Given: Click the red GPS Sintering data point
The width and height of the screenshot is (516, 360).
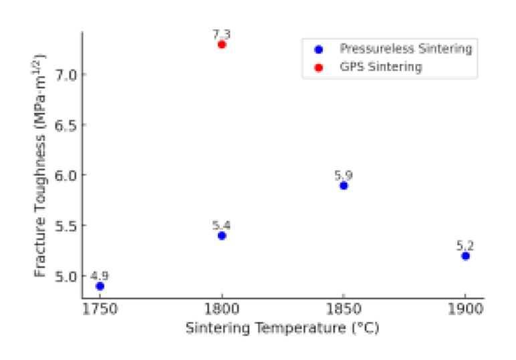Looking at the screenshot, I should pos(222,44).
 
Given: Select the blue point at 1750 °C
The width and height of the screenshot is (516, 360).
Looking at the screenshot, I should pos(100,286).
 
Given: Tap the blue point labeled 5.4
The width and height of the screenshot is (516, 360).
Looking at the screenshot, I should pos(222,236).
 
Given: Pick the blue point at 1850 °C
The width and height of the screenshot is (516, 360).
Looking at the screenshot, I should pos(344,186).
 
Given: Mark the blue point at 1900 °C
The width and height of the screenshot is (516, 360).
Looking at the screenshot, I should pos(465,256).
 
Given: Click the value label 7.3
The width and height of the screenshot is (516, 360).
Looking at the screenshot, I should pos(223,33).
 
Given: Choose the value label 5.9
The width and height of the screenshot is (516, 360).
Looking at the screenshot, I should pos(344,175).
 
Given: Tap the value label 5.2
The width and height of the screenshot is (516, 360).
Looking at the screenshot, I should pos(465,245).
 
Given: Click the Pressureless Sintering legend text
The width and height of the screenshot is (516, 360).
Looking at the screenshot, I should pos(406,49).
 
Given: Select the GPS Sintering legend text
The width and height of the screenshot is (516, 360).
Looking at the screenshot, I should pos(381,67).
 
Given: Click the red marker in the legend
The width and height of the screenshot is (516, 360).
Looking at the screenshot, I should pos(319,67).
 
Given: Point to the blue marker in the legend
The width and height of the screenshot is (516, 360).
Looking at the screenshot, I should pos(319,49).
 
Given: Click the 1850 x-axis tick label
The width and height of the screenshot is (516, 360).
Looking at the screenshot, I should pos(344,311).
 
